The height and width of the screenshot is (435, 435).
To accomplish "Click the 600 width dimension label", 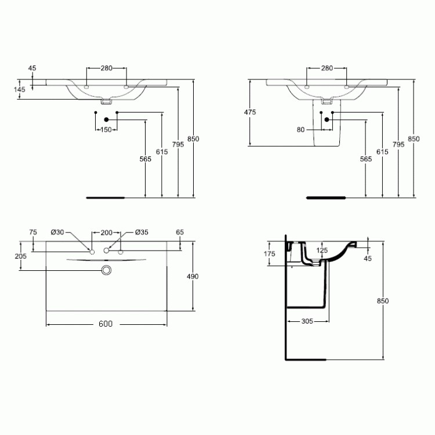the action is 106,324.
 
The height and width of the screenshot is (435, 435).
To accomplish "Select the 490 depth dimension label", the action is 193,276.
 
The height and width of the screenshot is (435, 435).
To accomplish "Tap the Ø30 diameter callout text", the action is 57,232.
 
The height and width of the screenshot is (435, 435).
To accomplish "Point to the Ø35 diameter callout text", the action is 142,232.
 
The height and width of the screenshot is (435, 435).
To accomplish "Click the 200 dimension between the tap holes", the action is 107,233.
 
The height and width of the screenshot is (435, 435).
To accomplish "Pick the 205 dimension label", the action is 21,256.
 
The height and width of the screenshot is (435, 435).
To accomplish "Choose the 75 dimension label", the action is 33,232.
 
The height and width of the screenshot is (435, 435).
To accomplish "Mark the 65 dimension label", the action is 180,232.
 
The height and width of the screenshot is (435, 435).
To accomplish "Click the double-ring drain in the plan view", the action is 106,270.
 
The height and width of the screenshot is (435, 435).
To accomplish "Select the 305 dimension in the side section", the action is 307,321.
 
